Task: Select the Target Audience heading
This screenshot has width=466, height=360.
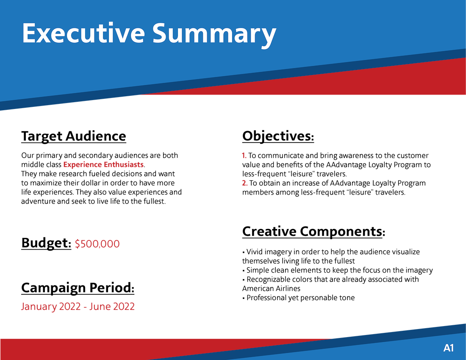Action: (74, 137)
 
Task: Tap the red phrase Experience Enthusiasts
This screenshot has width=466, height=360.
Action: (103, 165)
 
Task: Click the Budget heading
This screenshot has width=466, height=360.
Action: (46, 243)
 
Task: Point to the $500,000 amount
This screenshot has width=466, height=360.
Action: (97, 244)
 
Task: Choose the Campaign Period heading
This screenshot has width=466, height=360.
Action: (78, 288)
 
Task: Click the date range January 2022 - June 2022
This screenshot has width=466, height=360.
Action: (78, 307)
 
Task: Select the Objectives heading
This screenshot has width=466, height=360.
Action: (278, 136)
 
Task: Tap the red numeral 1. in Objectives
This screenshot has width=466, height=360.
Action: (244, 156)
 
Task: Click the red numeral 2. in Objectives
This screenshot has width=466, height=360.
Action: (245, 183)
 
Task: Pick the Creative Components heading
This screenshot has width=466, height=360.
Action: (313, 232)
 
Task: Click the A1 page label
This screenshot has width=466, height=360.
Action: (449, 348)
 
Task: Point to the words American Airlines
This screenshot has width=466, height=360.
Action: (271, 289)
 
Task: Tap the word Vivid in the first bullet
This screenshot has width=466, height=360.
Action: (254, 252)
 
